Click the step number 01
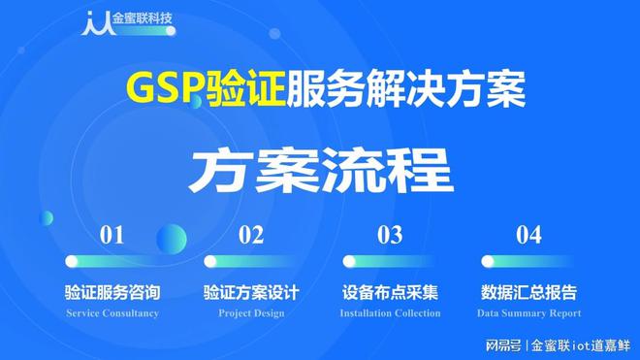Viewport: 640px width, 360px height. (x=112, y=234)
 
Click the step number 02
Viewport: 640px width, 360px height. (x=251, y=234)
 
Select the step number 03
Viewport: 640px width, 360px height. (x=390, y=234)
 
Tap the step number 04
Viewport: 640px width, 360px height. (x=528, y=234)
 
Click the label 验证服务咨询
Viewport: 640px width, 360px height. (x=112, y=292)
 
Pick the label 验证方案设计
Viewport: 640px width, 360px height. (x=251, y=292)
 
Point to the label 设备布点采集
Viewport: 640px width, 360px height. (x=390, y=292)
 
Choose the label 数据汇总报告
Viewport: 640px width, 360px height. (x=528, y=292)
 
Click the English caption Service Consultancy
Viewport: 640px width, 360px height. (x=112, y=313)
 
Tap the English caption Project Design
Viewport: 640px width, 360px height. (x=251, y=313)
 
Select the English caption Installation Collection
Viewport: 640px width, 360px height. (x=390, y=313)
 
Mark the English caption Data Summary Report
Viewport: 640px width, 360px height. (x=528, y=313)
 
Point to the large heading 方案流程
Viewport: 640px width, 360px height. (x=320, y=170)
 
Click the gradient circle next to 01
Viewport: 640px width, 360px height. (x=172, y=238)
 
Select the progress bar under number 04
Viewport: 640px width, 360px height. (x=528, y=261)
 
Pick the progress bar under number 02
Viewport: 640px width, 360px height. (x=251, y=261)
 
